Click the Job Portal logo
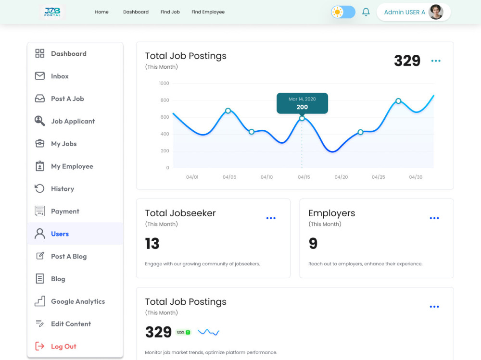(x=52, y=12)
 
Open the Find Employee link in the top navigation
(x=208, y=12)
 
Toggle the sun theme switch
(x=343, y=12)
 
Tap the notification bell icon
(x=366, y=12)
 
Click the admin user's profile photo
(x=436, y=12)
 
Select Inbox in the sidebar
(x=60, y=76)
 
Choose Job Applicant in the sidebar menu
(x=73, y=121)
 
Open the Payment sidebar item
(x=65, y=211)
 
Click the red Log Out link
(x=63, y=346)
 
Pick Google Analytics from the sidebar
(x=78, y=301)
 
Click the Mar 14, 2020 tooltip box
(x=302, y=103)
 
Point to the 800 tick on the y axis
(x=165, y=100)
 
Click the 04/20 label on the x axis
(x=341, y=177)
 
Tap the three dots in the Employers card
(x=434, y=218)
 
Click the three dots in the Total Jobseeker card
(x=271, y=218)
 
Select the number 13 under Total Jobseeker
(x=152, y=244)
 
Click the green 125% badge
(x=183, y=332)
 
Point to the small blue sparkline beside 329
(x=208, y=332)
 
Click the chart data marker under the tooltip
(x=302, y=118)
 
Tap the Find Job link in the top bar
(x=170, y=12)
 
